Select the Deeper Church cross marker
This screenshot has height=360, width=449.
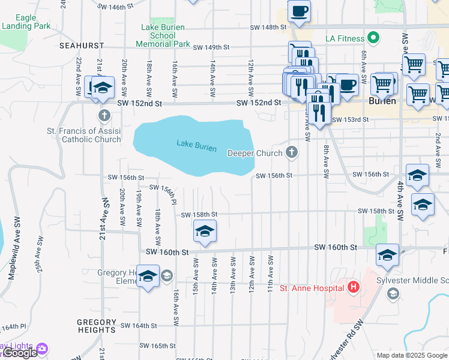[x=292, y=152]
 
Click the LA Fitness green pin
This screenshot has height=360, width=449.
[x=374, y=38]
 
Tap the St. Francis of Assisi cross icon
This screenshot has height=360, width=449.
[x=104, y=115]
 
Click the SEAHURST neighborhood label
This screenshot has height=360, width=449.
[x=82, y=45]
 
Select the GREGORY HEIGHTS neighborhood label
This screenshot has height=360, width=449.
[x=96, y=326]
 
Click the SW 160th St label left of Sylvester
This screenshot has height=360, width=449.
[x=336, y=247]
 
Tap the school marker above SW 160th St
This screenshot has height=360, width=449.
[x=205, y=232]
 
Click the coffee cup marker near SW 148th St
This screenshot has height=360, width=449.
[x=299, y=11]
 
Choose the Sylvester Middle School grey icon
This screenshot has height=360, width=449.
[x=393, y=293]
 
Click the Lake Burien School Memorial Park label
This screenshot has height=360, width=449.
[x=163, y=35]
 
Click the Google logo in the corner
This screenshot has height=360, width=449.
[x=19, y=353]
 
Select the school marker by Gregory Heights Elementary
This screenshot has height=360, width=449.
[x=148, y=276]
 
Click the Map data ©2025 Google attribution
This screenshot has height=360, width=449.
[x=412, y=355]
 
